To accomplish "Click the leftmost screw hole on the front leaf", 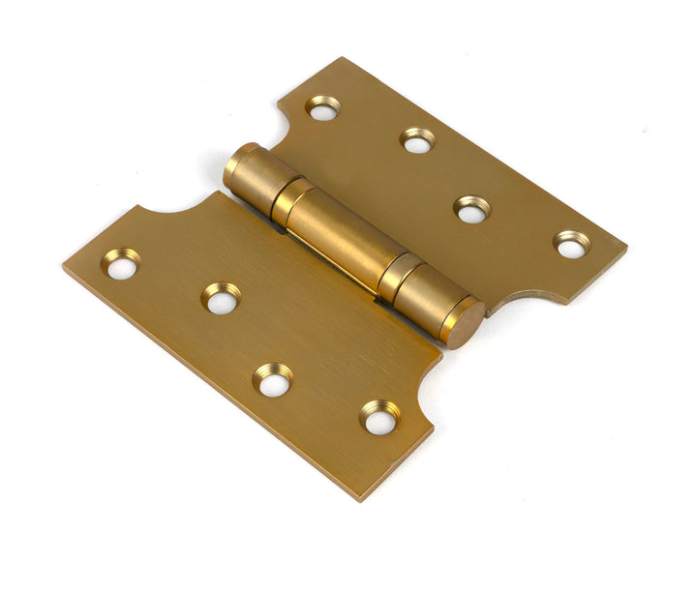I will click(122, 264).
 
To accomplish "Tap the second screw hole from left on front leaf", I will click(222, 299).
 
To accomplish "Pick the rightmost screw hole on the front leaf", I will click(380, 418).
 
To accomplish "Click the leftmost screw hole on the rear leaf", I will click(323, 107).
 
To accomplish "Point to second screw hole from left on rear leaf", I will click(417, 141).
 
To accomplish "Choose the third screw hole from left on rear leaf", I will click(472, 210).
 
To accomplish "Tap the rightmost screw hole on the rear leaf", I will click(570, 244).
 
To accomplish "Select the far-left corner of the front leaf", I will click(65, 268).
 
